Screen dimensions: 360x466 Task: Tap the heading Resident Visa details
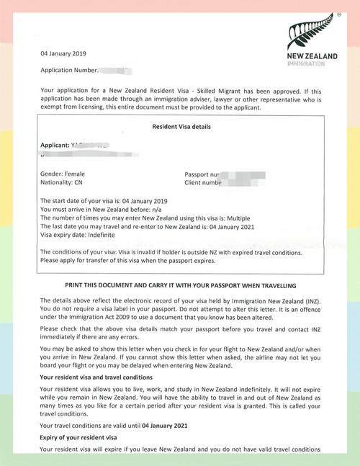(x=181, y=127)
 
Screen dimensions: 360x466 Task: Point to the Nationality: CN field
(x=61, y=183)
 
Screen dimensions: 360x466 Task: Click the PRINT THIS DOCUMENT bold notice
(x=181, y=286)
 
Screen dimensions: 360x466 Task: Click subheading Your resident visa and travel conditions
(x=96, y=377)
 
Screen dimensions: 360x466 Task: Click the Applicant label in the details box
(x=54, y=145)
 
